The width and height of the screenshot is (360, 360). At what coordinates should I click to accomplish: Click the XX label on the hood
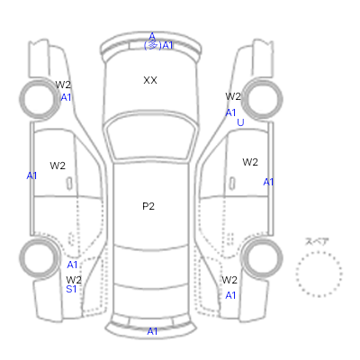pos(150,80)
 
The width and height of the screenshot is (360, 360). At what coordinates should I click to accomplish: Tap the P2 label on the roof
pos(148,206)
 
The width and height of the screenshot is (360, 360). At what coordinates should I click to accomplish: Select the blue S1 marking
pos(71,289)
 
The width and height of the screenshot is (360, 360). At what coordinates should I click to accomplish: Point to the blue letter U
pos(240,122)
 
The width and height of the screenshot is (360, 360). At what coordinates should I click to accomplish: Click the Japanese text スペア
pos(317,241)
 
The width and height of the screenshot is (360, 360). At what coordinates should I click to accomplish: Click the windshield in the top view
pos(151,137)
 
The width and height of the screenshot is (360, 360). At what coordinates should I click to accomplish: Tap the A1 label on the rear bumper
pos(152,331)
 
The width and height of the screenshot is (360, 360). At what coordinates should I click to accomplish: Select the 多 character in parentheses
pos(153,45)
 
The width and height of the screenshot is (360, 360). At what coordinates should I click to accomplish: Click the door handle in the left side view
pos(69,184)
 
